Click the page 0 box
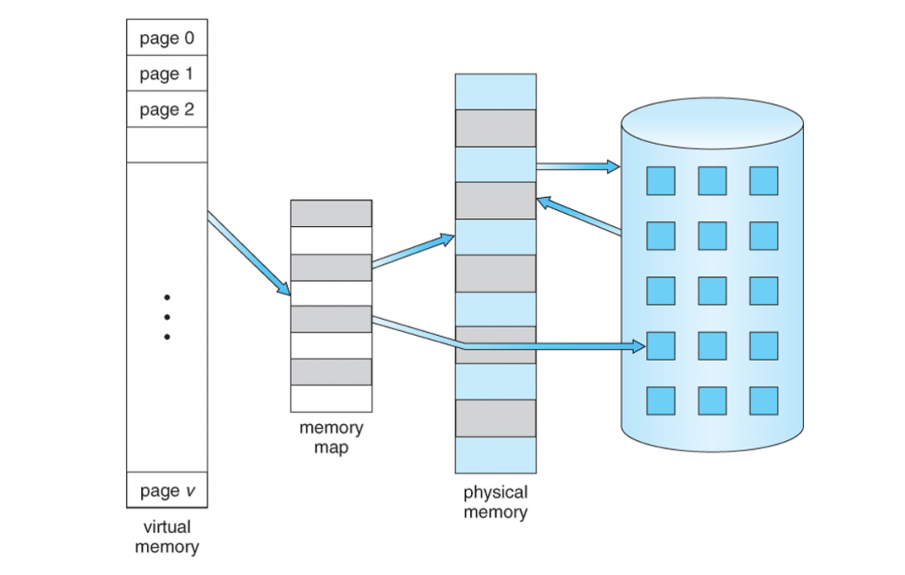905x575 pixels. pyautogui.click(x=167, y=38)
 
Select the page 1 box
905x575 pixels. pyautogui.click(x=167, y=73)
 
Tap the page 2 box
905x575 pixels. pyautogui.click(x=167, y=109)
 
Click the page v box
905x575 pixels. pyautogui.click(x=167, y=490)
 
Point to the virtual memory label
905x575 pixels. pyautogui.click(x=167, y=537)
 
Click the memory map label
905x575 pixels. pyautogui.click(x=331, y=437)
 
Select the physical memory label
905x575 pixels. pyautogui.click(x=495, y=502)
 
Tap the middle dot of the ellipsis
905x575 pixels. pyautogui.click(x=167, y=317)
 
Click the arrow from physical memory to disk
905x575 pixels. pyautogui.click(x=578, y=166)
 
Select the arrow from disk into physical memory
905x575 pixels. pyautogui.click(x=579, y=215)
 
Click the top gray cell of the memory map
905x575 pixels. pyautogui.click(x=331, y=213)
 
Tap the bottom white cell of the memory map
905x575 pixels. pyautogui.click(x=331, y=398)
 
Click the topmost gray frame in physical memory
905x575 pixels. pyautogui.click(x=495, y=128)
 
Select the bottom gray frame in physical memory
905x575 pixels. pyautogui.click(x=495, y=418)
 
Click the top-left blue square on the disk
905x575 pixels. pyautogui.click(x=661, y=181)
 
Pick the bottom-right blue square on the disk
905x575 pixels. pyautogui.click(x=764, y=401)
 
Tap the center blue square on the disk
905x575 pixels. pyautogui.click(x=712, y=291)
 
